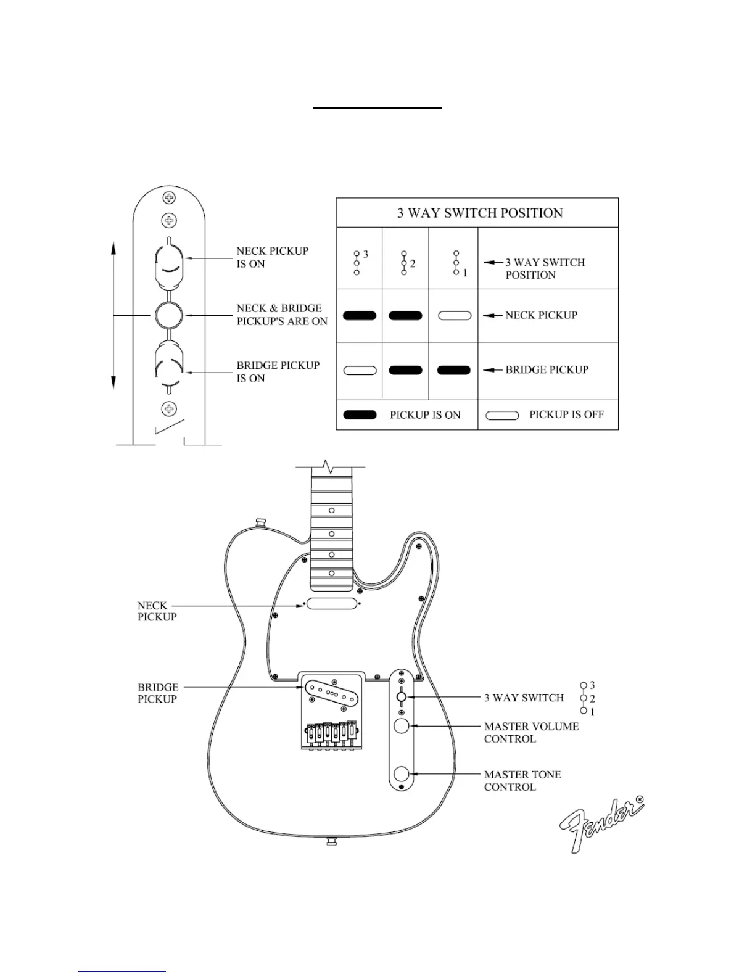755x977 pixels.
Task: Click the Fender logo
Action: click(601, 825)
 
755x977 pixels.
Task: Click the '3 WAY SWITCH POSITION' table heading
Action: click(479, 213)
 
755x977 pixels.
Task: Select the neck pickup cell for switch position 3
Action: click(360, 316)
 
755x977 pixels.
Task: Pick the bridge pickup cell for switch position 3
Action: click(360, 371)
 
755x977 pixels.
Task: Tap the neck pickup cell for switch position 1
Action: click(455, 316)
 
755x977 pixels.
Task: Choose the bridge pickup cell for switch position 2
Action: click(405, 371)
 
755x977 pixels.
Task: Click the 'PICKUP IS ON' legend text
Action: click(425, 415)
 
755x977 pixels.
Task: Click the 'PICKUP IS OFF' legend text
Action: click(566, 415)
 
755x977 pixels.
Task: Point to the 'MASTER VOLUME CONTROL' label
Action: click(530, 733)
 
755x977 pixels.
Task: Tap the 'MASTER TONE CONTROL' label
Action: click(522, 781)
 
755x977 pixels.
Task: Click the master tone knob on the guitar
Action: click(402, 773)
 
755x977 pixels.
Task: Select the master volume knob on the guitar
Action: click(402, 726)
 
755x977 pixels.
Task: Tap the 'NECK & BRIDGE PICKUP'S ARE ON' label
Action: click(281, 315)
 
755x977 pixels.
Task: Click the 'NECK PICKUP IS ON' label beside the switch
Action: click(272, 257)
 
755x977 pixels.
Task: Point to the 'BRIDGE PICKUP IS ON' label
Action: click(278, 372)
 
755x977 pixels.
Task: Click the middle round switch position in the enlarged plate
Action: click(168, 315)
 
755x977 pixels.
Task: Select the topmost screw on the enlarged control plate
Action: click(168, 198)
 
